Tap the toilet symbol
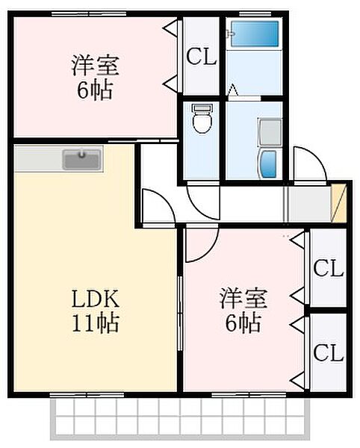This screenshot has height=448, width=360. coord(202,119)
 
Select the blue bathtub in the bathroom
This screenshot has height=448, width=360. coord(254,34)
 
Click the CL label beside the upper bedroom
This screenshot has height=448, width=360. coord(202,57)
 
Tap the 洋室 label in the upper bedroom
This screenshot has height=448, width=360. coord(96,66)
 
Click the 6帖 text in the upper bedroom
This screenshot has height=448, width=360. coord(96,91)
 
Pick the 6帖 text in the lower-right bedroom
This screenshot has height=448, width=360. coord(243,323)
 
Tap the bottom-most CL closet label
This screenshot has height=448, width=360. coord(328,351)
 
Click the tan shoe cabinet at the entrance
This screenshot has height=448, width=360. coord(341,202)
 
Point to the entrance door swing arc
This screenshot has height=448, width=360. coord(308,162)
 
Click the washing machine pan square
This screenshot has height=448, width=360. coord(270,131)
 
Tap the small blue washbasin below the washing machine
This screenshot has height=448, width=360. coord(268,163)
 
